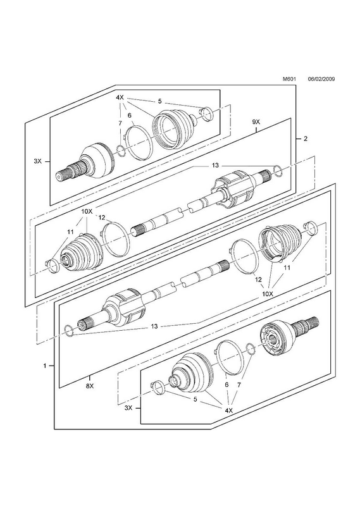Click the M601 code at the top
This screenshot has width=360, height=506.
point(289,78)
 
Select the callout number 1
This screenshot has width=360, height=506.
point(44,366)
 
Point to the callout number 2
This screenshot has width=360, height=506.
point(306,139)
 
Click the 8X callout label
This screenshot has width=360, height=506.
point(89,386)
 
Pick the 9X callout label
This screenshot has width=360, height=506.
point(256,122)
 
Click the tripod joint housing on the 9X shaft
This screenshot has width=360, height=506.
point(233,188)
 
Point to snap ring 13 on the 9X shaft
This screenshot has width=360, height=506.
point(278,171)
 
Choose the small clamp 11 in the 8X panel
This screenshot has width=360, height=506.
point(311,228)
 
